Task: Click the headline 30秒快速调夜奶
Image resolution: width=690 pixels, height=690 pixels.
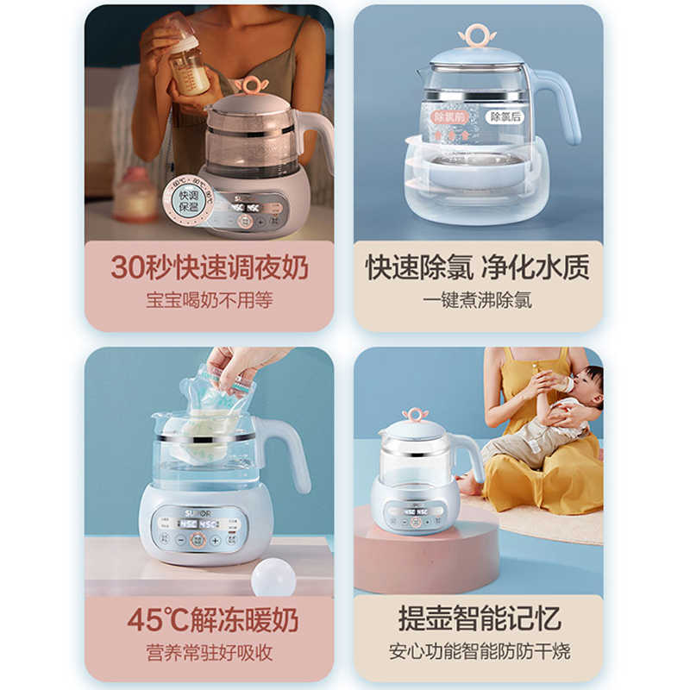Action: tap(209, 267)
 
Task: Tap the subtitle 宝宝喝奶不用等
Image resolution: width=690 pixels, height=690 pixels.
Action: tap(209, 302)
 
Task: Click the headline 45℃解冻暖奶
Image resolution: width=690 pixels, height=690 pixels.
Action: tap(209, 618)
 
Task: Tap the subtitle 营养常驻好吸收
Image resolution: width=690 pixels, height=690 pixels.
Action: tap(209, 651)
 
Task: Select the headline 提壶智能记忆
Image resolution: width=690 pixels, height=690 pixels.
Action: tap(480, 618)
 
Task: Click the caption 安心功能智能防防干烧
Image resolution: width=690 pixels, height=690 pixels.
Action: tap(480, 651)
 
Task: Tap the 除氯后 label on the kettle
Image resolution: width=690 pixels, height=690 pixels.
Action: tap(505, 116)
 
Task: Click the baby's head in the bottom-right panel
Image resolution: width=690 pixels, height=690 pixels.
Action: tap(590, 383)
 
